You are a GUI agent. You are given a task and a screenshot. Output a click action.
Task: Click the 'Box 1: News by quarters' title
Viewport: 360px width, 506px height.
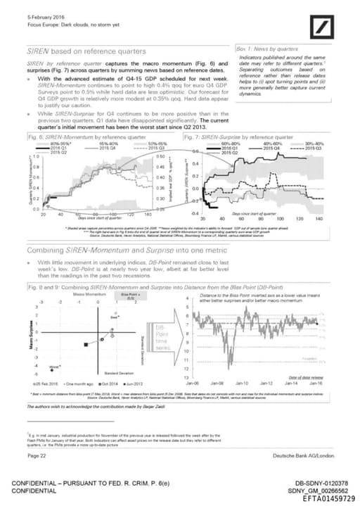pos(267,49)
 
